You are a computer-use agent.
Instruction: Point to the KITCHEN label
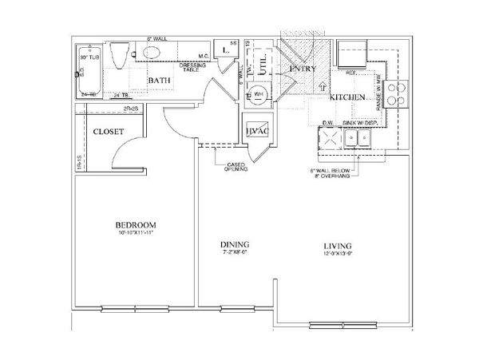click(347, 97)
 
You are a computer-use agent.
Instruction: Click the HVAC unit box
click(256, 132)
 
